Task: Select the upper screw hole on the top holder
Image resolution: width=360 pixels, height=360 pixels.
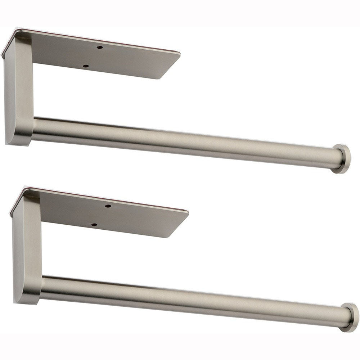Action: click(101, 47)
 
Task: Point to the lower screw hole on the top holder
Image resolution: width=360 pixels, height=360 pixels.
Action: click(86, 66)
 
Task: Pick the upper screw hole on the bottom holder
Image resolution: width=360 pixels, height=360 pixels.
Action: click(108, 206)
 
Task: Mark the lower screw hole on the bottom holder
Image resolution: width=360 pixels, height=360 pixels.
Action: click(94, 225)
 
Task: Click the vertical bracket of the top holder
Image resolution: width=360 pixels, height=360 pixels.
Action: click(18, 90)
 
